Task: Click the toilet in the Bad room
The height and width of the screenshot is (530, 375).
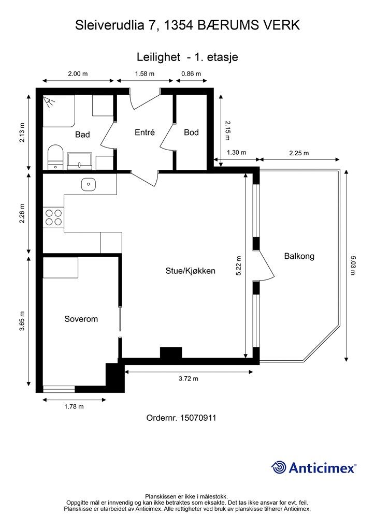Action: coord(55,157)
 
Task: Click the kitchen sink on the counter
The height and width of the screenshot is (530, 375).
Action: coord(89,184)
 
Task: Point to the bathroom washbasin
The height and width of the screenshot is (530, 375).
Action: coord(79,161)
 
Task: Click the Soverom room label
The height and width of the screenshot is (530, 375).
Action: coord(81,319)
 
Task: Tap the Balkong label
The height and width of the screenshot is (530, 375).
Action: coord(299,256)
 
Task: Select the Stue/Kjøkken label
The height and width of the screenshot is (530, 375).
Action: coord(191,271)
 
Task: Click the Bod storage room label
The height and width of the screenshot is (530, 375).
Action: coord(192,132)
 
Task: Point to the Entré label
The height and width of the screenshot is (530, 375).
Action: coord(145,132)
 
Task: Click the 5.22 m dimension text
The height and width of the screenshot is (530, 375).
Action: coord(239,266)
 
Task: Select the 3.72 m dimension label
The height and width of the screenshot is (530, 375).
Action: coord(189,378)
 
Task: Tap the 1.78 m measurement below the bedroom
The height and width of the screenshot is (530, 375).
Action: coord(74,407)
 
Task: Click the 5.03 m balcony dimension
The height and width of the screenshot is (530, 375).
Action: coord(353,266)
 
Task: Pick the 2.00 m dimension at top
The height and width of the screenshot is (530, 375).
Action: coord(78,73)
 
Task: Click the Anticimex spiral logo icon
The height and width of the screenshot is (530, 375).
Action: coord(279,468)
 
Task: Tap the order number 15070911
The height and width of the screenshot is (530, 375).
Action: coord(198,418)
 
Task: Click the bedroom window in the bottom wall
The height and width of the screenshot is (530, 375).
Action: coord(59,389)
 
